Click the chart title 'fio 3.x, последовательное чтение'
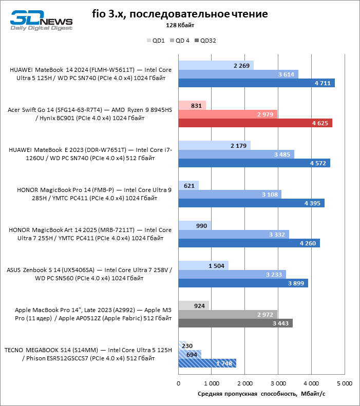tap(180, 14)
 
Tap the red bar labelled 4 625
tap(255, 123)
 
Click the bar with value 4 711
tap(256, 83)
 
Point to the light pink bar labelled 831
tap(192, 105)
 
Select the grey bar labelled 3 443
tap(235, 323)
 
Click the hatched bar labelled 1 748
tap(207, 363)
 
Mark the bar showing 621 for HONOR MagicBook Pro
tap(188, 185)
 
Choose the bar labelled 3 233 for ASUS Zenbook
tap(232, 274)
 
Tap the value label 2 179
tap(239, 146)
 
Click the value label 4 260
tap(309, 243)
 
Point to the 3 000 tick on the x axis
tap(278, 383)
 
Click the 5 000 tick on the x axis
tap(344, 383)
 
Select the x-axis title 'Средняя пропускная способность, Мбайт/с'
tap(261, 394)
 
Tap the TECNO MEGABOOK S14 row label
tap(88, 354)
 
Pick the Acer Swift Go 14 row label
tap(89, 114)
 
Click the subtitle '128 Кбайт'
tap(180, 25)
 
